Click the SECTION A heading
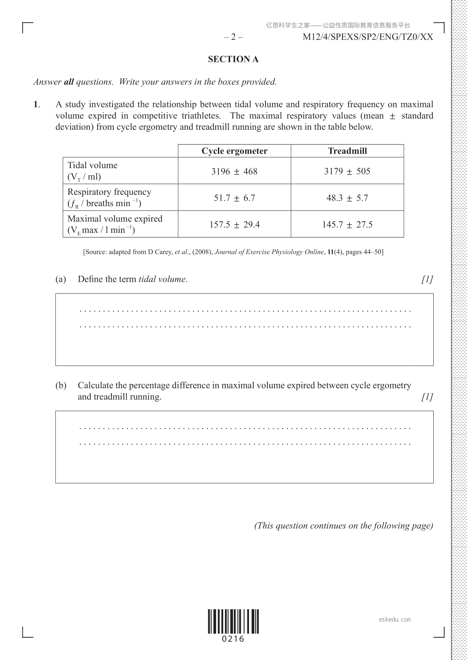233,59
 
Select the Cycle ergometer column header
234,151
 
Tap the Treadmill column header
347,151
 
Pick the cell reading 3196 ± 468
234,171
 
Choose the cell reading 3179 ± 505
347,171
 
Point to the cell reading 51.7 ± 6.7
234,198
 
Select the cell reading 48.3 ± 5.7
347,198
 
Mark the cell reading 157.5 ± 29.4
234,225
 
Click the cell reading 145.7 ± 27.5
347,225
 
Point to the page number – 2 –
233,37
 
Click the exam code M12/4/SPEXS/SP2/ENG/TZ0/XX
368,37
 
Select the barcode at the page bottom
233,621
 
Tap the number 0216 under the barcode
233,639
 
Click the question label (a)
61,279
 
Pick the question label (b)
61,385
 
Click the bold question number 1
36,104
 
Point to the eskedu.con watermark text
395,620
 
